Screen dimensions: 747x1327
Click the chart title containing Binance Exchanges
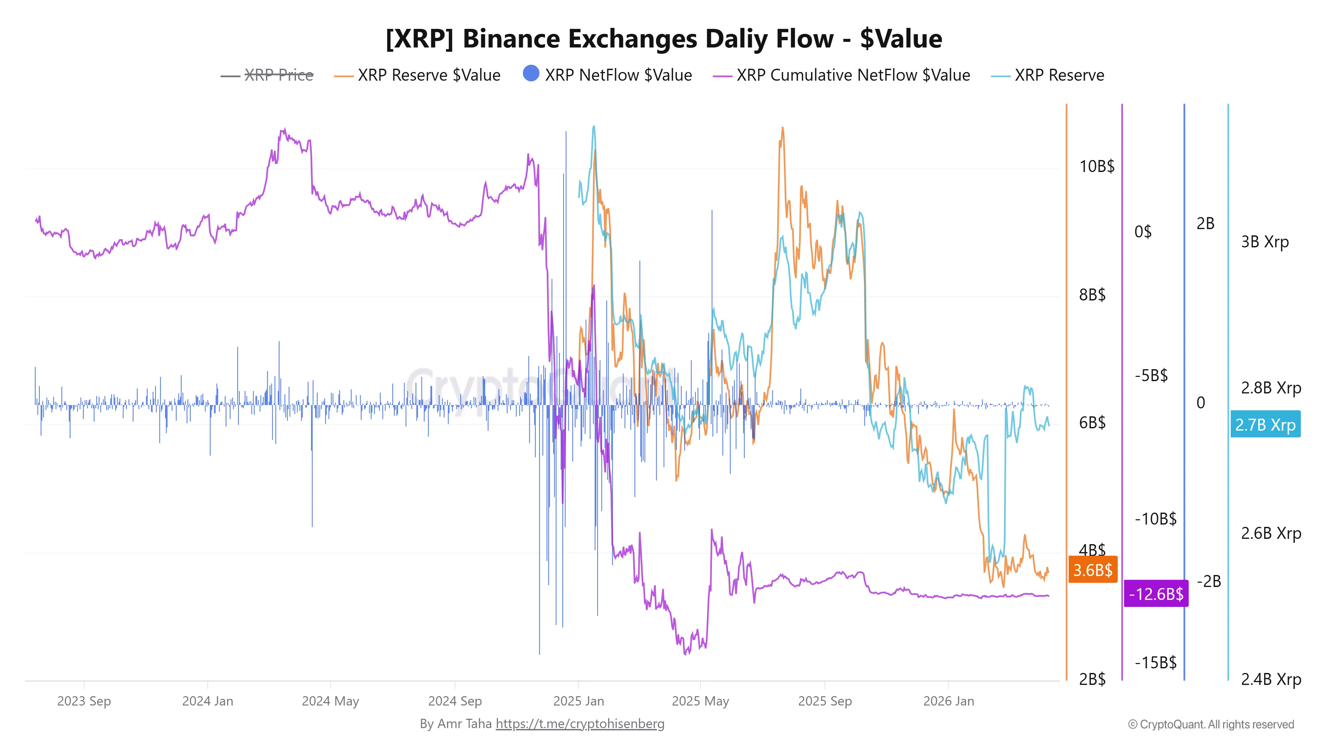tap(663, 39)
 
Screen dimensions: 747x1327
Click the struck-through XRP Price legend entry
tap(278, 75)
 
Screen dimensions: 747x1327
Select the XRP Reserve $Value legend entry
tap(429, 75)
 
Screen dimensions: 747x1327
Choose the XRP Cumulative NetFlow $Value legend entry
tap(853, 75)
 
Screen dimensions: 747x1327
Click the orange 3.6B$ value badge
tap(1092, 570)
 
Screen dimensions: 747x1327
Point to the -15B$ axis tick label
tap(1155, 662)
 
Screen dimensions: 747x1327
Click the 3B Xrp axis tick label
tap(1265, 241)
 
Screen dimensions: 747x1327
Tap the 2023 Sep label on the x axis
tap(84, 701)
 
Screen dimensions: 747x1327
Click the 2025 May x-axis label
tap(700, 701)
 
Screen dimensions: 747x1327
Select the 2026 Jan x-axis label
tap(948, 701)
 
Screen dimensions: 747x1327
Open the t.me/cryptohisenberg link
tap(580, 724)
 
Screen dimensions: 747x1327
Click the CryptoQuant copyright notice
tap(1211, 724)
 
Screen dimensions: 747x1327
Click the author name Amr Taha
tap(464, 724)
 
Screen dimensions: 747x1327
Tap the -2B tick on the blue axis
tap(1209, 582)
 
